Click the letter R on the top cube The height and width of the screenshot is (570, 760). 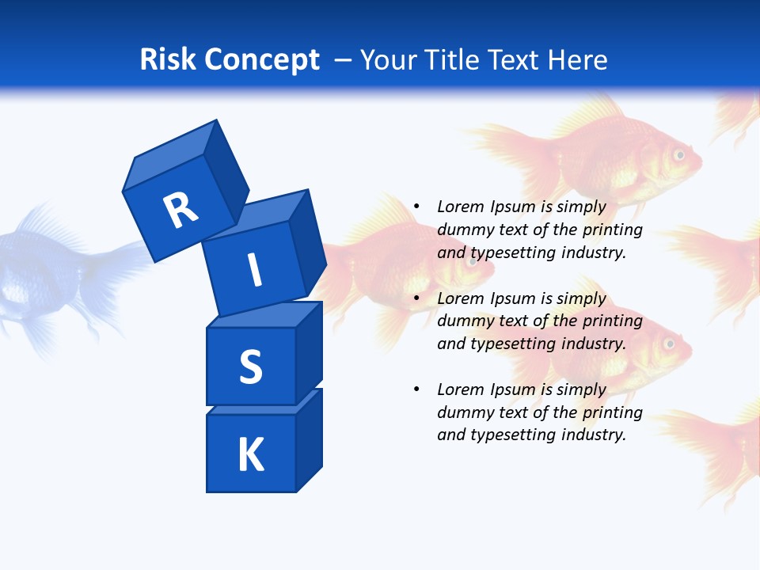[180, 210]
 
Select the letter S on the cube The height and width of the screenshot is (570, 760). [250, 367]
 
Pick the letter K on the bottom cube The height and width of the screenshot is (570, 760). [250, 455]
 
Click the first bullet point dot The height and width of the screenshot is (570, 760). [416, 207]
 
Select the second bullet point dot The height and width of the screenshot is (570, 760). [416, 298]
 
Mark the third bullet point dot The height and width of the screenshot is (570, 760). [416, 389]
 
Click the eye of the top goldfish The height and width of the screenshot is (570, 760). [678, 155]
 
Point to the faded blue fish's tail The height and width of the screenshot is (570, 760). [119, 261]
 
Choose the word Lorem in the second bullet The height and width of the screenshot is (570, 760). [460, 298]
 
